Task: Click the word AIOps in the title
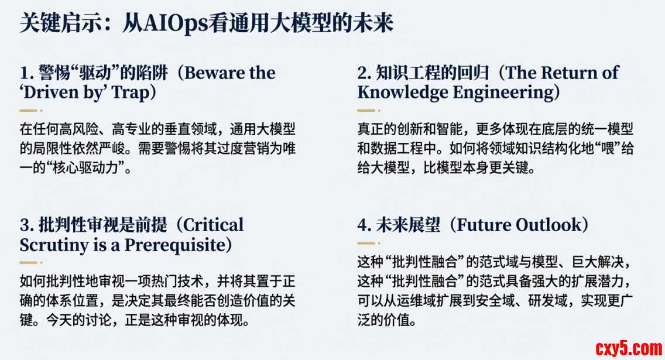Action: click(x=174, y=24)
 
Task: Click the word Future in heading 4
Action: click(x=481, y=225)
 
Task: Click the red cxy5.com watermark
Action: click(x=629, y=348)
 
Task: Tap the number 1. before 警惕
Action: click(x=27, y=73)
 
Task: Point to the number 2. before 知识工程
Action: click(x=364, y=73)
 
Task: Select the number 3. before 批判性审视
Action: click(x=27, y=225)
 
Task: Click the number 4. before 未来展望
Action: click(x=364, y=225)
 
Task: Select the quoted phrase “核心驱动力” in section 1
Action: click(x=85, y=168)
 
